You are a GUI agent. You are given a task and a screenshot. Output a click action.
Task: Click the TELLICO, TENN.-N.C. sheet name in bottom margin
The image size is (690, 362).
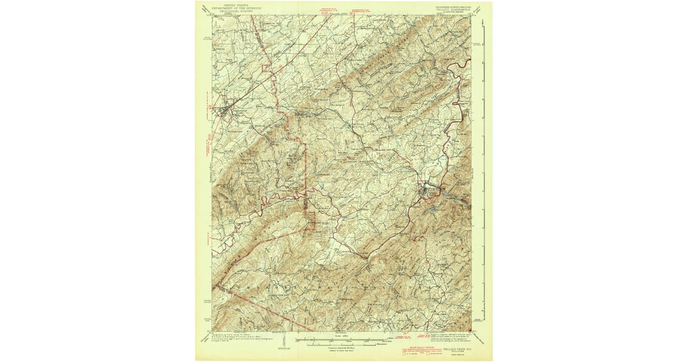[455, 348]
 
